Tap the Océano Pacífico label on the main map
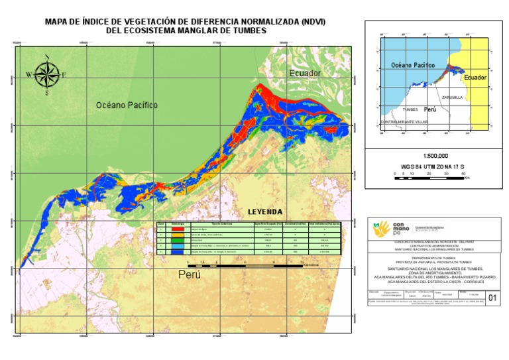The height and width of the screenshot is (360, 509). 126,105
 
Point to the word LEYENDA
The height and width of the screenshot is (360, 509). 265,212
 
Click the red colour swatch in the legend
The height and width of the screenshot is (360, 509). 178,230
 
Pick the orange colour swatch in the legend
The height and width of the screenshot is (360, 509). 178,235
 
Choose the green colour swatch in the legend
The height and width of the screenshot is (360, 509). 178,241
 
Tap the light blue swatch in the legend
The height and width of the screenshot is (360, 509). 178,246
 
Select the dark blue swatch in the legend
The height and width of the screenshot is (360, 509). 178,252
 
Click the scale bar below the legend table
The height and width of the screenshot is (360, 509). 245,265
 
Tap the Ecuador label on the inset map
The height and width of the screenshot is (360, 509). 475,78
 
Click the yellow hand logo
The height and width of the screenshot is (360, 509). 382,229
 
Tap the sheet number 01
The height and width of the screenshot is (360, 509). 492,298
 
